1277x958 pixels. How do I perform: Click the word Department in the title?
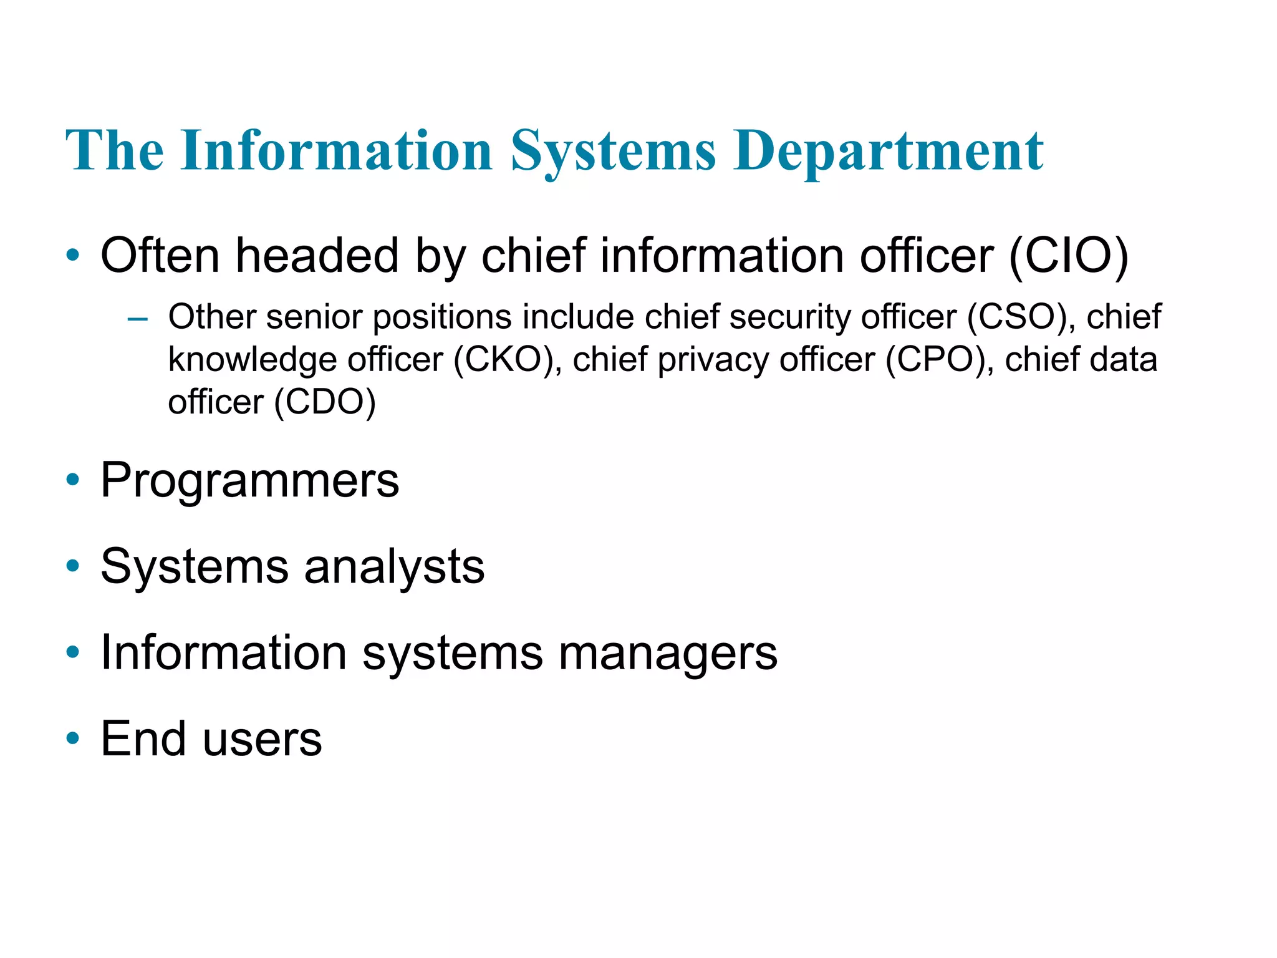(888, 151)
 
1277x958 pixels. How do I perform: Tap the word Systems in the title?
(614, 151)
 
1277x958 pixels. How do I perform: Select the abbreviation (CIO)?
(1068, 256)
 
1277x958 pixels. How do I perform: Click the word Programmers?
(249, 481)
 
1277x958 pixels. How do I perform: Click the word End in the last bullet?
(143, 739)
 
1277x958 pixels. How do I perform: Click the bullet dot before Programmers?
(73, 480)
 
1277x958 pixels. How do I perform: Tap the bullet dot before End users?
(73, 738)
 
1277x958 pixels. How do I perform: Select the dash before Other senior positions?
(137, 319)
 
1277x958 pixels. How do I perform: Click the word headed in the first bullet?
(317, 256)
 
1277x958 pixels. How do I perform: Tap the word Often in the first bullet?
(160, 256)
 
